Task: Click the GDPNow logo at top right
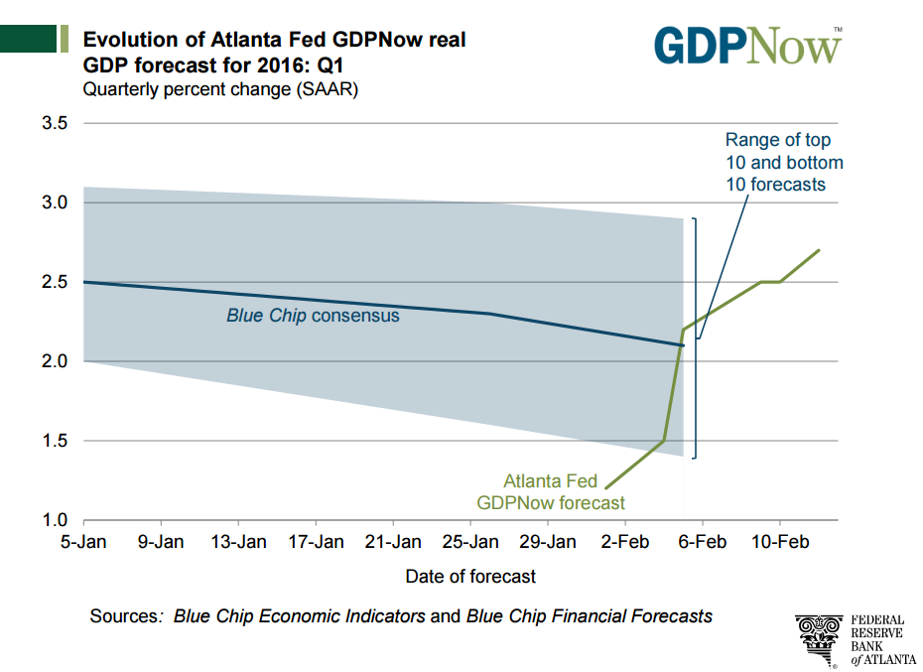tap(746, 44)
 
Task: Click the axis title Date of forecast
tap(469, 576)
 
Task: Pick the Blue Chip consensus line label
tap(313, 316)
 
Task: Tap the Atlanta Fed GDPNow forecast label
tap(550, 492)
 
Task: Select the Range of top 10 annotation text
tap(783, 162)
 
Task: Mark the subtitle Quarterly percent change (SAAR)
tap(219, 90)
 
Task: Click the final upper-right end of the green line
tap(819, 250)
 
